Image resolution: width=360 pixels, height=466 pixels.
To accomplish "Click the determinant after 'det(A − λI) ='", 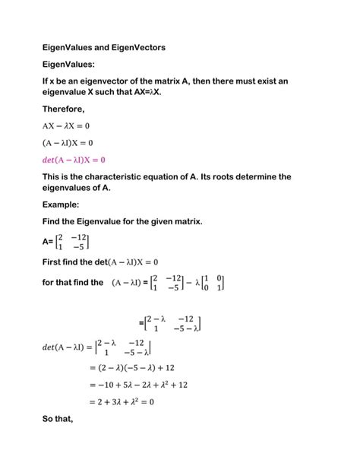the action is click(125, 347).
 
